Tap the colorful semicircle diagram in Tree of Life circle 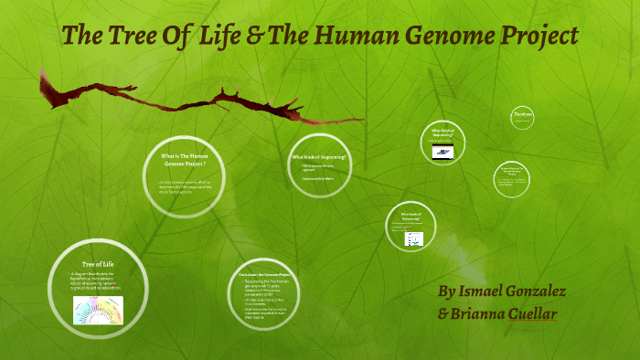98,311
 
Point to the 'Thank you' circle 523,115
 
